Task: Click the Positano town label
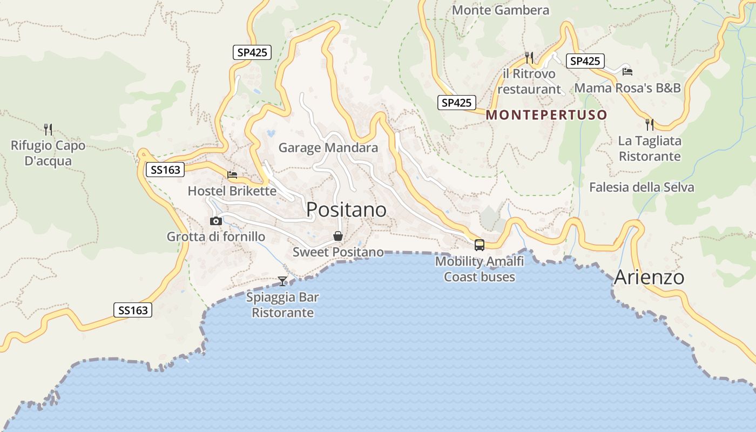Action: [x=346, y=210]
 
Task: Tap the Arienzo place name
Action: [x=649, y=278]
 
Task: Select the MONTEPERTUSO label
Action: [x=546, y=115]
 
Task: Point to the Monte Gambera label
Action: [x=501, y=10]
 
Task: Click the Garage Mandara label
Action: [x=328, y=148]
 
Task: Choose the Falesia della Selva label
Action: [x=642, y=187]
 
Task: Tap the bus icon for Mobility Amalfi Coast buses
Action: [x=479, y=245]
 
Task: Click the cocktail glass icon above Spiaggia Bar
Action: [x=282, y=281]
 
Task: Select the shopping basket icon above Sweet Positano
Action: [x=338, y=236]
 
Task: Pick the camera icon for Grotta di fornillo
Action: [x=216, y=221]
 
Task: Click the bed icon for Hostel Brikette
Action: [x=232, y=174]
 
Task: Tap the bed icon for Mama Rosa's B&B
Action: [x=627, y=71]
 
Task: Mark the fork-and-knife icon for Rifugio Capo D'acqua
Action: [x=48, y=129]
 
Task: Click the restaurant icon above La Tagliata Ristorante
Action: [x=650, y=125]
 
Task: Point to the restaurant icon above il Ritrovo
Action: [x=529, y=57]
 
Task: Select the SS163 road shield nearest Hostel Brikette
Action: [x=165, y=170]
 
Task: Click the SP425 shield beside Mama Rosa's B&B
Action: [x=585, y=61]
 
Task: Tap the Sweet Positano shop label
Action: [x=338, y=252]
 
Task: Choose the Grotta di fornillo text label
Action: [x=216, y=237]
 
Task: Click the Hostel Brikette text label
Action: [x=232, y=191]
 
